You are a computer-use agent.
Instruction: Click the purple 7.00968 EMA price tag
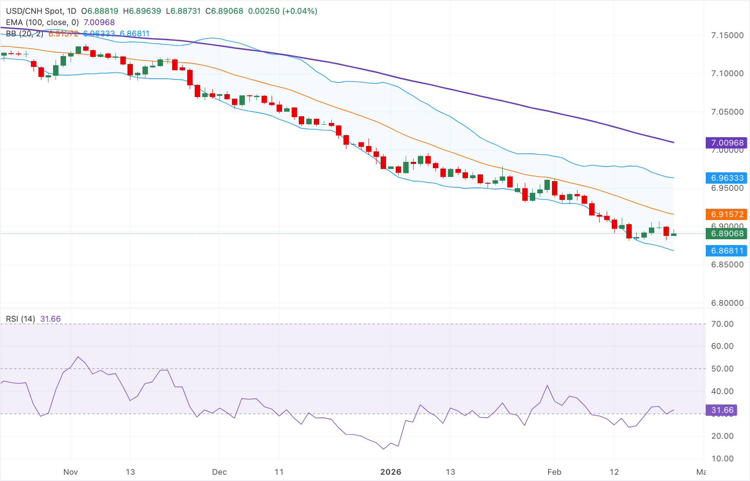coord(727,143)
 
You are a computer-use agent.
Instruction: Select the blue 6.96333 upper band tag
coord(727,178)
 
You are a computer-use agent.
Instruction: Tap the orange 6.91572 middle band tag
coord(727,214)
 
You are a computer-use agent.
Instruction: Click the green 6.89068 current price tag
coord(727,233)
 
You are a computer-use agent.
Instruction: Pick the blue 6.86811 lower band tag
coord(727,251)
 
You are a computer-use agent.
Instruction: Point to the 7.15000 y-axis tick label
coord(727,35)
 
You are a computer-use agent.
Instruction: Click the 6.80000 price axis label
coord(727,303)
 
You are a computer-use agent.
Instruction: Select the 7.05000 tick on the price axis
coord(727,112)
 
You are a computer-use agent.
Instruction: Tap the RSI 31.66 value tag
coord(722,410)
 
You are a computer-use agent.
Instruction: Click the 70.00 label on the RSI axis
coord(722,324)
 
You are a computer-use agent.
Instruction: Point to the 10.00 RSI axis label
coord(722,458)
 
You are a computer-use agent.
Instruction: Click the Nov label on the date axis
coord(70,472)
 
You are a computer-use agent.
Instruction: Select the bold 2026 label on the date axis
coord(391,472)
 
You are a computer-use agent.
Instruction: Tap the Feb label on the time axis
coord(554,472)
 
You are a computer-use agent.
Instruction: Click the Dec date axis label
coord(219,472)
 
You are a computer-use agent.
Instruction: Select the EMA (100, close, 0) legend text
coord(42,22)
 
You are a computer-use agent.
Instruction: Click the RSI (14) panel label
coord(20,319)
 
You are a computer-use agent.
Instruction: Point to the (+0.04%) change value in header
coord(300,11)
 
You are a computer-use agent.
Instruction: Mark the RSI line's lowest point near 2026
coord(384,449)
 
